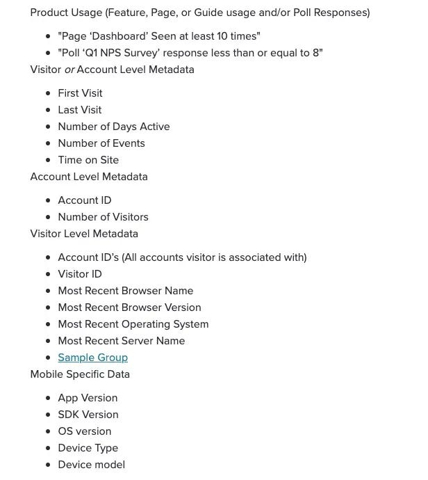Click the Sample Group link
point(92,358)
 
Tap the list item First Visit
point(80,93)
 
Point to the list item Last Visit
point(79,110)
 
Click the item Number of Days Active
point(113,127)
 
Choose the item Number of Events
point(101,143)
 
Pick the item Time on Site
point(88,160)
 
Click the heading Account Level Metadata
point(89,177)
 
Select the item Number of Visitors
point(103,217)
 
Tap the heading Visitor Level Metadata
point(84,234)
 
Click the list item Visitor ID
point(79,274)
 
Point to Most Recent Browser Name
point(125,291)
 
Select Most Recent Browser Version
point(129,307)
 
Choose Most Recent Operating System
point(133,324)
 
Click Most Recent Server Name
point(121,341)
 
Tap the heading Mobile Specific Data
point(80,374)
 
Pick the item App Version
point(88,398)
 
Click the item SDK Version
point(88,415)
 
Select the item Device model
point(91,465)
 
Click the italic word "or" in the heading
point(69,70)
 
